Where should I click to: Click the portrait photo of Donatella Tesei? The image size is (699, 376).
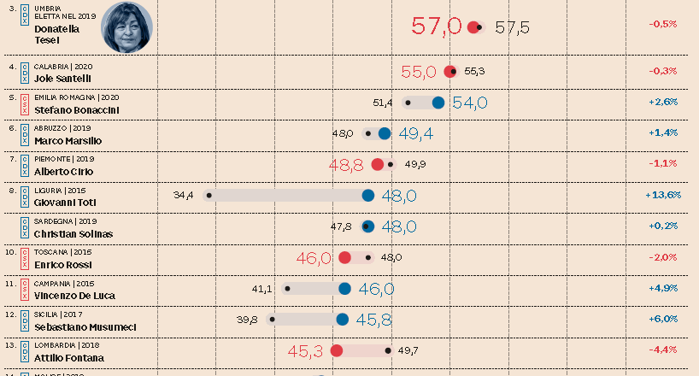coord(127,26)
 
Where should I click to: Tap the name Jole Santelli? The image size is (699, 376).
coord(62,78)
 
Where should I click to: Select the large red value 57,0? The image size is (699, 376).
coord(437,26)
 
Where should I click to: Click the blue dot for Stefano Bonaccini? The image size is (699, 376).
coord(438,103)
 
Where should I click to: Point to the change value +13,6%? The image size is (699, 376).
coord(663,195)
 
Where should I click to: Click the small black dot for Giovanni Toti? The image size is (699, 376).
coord(206,196)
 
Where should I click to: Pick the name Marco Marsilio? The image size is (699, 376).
coord(68,140)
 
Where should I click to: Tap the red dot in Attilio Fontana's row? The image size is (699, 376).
coord(337,350)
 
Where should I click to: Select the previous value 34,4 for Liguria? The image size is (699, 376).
coord(184,196)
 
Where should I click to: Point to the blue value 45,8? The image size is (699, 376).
coord(373,320)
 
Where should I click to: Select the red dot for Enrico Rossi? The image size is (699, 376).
coord(345,257)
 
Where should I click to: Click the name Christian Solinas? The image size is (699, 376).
coord(73,233)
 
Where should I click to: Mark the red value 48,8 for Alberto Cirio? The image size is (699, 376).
coord(346,164)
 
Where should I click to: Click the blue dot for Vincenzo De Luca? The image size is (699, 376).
coord(344,289)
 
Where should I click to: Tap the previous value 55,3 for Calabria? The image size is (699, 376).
coord(474,72)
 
